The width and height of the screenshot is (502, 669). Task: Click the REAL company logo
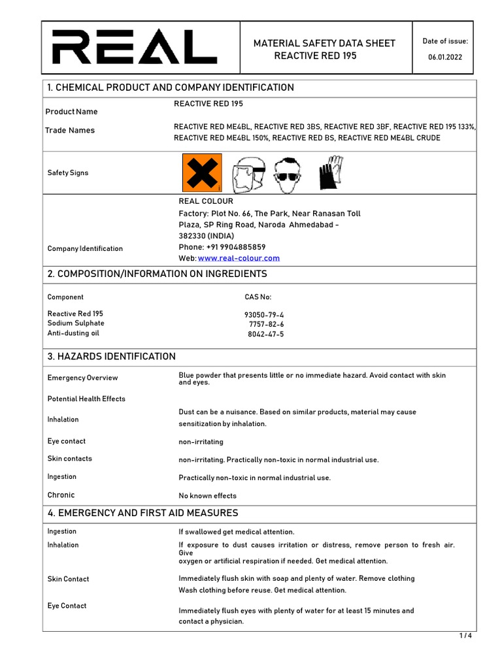coord(135,48)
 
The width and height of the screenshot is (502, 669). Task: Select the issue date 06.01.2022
coord(444,57)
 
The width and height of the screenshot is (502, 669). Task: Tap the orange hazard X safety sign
coord(201,173)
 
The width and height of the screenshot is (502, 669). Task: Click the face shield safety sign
coord(246,174)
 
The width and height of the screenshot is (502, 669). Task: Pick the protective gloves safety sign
coord(331,172)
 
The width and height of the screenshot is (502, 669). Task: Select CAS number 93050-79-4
coord(264,315)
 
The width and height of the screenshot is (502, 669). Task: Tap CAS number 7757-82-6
coord(267,325)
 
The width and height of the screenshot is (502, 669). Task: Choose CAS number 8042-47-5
coord(266,334)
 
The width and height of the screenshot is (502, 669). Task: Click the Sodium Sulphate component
coord(76,323)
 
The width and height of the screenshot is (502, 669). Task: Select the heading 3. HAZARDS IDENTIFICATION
coord(112,357)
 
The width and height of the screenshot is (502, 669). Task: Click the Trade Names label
coord(70,131)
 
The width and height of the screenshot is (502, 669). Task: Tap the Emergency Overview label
coord(83,378)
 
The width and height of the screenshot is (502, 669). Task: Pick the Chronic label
coord(61,495)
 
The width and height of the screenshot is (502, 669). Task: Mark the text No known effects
coord(208,496)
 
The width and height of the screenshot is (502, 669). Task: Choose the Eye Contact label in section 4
coord(67,606)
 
